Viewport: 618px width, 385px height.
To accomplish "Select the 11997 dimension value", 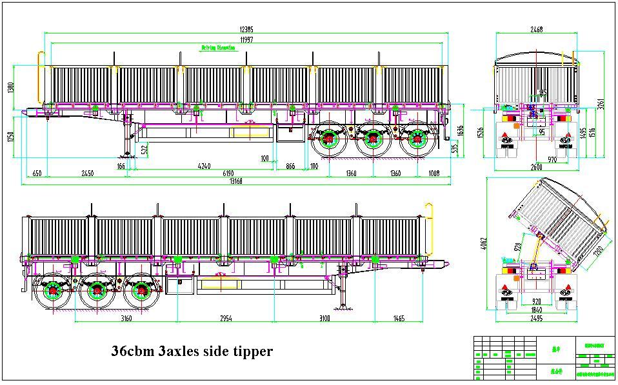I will click(x=246, y=40).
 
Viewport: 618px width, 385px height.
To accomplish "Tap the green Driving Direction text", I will click(x=219, y=48).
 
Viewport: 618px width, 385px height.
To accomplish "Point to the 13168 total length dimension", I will click(x=235, y=181).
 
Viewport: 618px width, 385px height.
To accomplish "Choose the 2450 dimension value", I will click(x=88, y=173).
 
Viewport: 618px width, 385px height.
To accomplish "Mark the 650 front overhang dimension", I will click(x=37, y=173).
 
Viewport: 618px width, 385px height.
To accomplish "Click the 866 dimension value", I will click(x=290, y=166).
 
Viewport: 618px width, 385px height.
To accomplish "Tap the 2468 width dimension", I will click(x=536, y=30).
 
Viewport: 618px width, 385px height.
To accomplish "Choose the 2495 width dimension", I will click(x=536, y=318).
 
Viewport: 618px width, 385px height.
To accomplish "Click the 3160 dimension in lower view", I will click(x=126, y=318).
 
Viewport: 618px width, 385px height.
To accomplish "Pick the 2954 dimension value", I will click(x=223, y=318).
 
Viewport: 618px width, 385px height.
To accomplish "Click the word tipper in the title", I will click(x=250, y=351).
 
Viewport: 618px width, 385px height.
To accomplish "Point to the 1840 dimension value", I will click(x=536, y=310).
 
